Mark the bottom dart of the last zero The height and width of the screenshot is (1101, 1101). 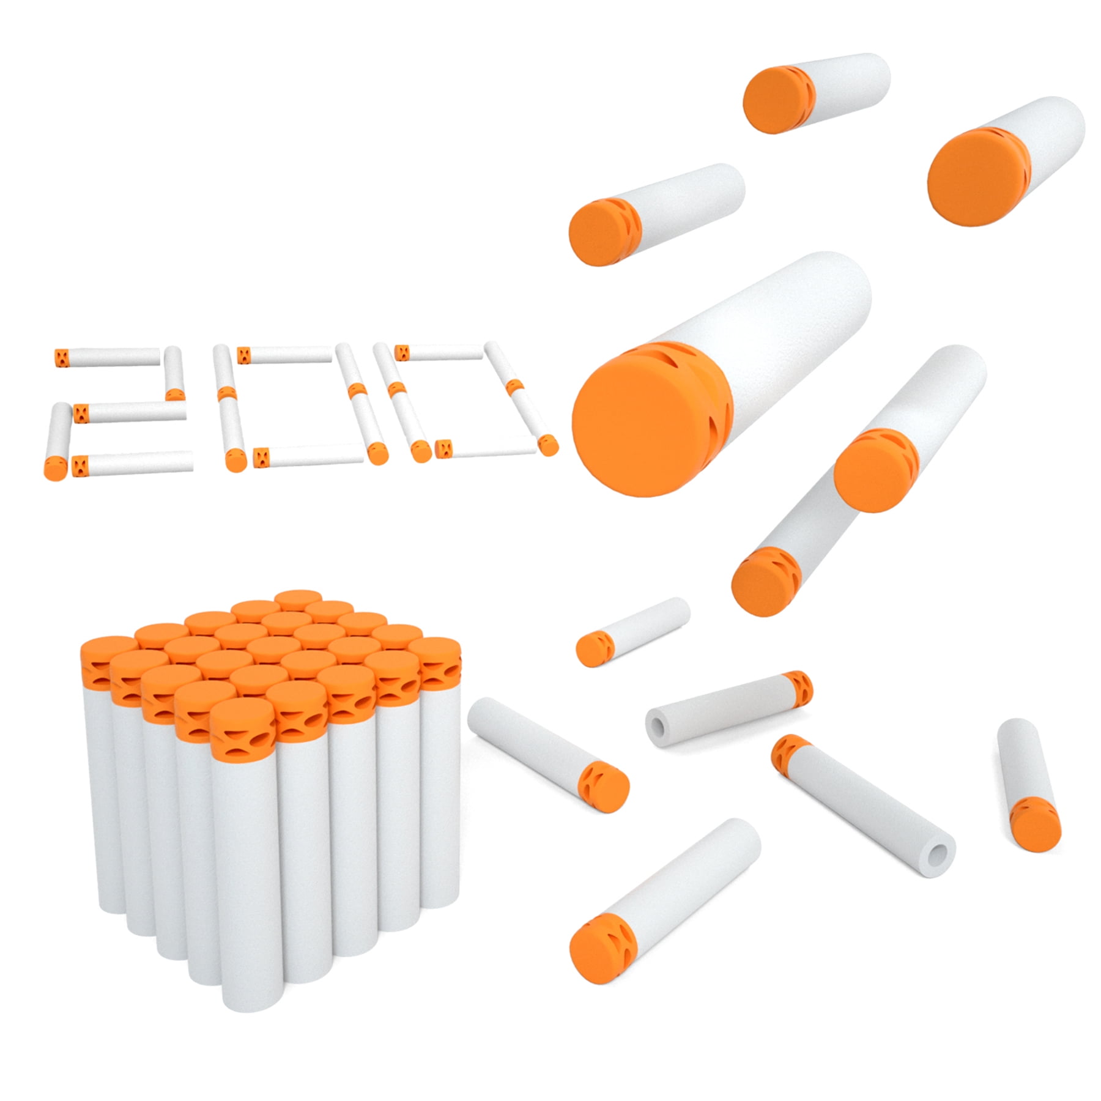click(489, 448)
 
